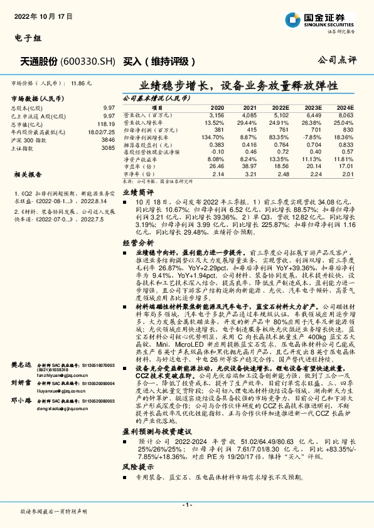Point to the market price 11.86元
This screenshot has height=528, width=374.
coord(81,82)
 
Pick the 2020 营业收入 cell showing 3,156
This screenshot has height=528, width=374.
coord(216,115)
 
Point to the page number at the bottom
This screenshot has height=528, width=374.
coord(186,504)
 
